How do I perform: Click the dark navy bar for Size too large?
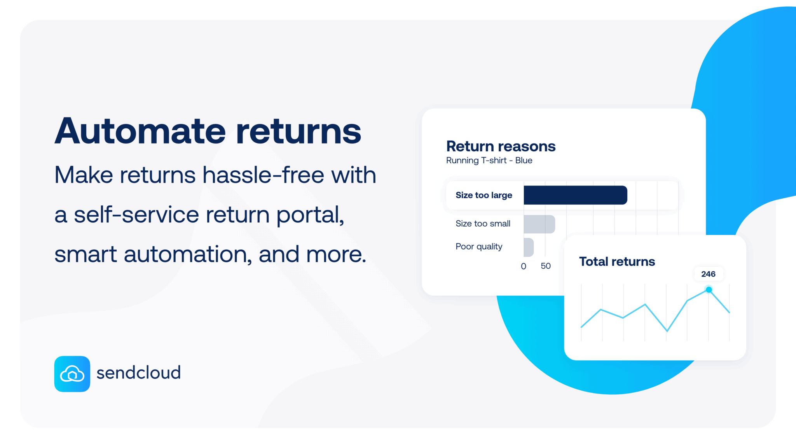(x=575, y=195)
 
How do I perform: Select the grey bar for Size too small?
(x=539, y=224)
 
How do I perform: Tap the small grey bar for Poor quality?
(x=529, y=247)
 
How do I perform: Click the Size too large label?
(x=484, y=195)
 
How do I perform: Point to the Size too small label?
(x=483, y=224)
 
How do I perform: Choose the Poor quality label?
(x=479, y=247)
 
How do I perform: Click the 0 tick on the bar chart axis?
(x=524, y=266)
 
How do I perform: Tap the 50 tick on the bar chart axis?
(x=546, y=266)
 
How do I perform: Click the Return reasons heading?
(x=501, y=146)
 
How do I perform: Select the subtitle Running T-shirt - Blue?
(x=489, y=160)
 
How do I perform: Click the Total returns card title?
(x=617, y=261)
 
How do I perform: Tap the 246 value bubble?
(x=708, y=274)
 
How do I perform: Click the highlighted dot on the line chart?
(x=709, y=290)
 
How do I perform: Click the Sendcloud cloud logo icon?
(x=72, y=374)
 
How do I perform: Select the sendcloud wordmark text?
(x=138, y=373)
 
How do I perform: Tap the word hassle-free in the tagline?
(x=264, y=175)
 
